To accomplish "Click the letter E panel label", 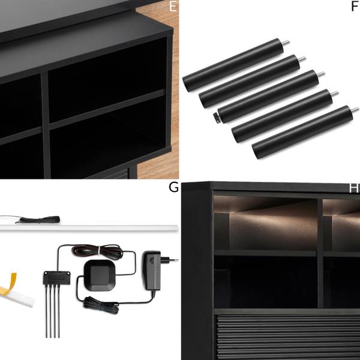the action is (x=173, y=7).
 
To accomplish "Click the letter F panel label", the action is (x=355, y=7).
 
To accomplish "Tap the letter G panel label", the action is (x=173, y=187).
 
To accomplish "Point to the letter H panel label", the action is (x=354, y=188).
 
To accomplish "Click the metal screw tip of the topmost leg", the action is (x=286, y=43).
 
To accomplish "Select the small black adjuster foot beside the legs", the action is (x=216, y=117).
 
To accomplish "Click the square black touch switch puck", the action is (x=100, y=275).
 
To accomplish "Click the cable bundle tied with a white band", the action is (x=97, y=250).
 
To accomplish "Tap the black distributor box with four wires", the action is (x=57, y=277).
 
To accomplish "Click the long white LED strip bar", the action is (x=89, y=228).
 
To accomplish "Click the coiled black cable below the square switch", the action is (x=101, y=305).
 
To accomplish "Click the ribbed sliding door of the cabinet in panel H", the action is (x=287, y=337).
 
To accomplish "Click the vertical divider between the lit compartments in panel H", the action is (x=320, y=253).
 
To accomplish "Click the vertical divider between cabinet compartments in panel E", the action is (x=46, y=125).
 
